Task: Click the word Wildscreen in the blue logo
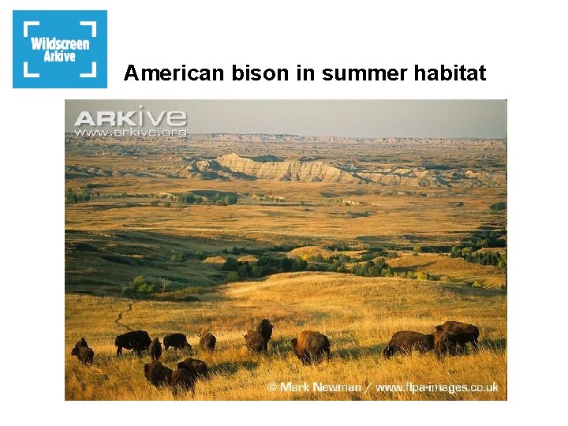pos(60,43)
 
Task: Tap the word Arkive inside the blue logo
pos(60,56)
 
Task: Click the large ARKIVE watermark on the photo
pos(130,118)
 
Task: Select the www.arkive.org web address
pos(130,133)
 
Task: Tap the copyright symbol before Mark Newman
pos(273,387)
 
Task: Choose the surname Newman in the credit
pos(338,387)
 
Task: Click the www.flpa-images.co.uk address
pos(437,387)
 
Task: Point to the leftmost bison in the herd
pos(82,351)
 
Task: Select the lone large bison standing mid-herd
pos(311,346)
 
